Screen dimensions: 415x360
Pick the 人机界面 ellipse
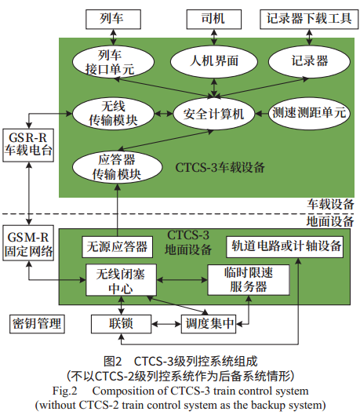coord(209,60)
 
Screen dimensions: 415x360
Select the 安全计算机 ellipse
coord(209,113)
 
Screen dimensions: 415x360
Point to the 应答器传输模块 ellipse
coord(109,166)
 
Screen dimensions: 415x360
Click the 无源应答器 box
coord(116,246)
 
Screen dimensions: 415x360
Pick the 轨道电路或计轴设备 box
coord(286,246)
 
